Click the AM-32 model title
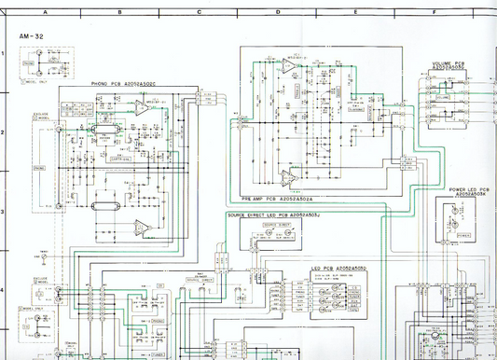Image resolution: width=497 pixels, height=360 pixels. (31, 36)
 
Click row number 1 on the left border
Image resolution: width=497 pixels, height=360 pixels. (3, 54)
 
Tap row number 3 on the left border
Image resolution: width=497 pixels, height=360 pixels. (3, 212)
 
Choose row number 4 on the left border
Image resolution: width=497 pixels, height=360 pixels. (3, 290)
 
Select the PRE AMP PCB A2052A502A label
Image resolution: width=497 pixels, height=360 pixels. (277, 199)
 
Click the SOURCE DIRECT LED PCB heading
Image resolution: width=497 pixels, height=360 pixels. (269, 215)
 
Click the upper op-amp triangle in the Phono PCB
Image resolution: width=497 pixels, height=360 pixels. (138, 109)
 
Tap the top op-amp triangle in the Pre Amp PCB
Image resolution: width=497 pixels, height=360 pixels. (284, 67)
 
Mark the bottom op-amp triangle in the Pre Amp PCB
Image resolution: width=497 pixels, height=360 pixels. (290, 176)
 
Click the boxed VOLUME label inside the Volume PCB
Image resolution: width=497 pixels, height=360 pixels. (441, 96)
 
